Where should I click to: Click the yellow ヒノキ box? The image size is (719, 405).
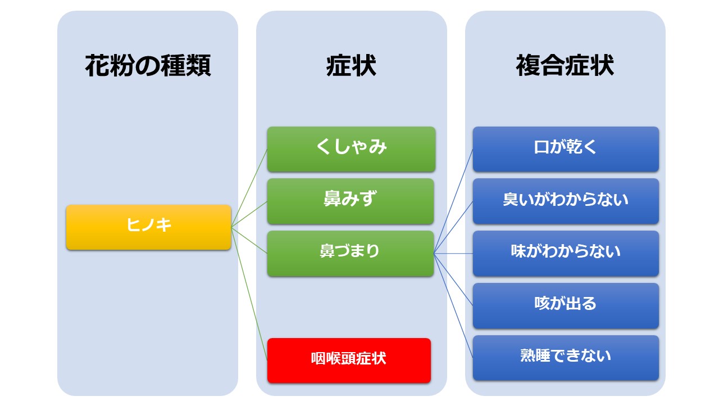pos(149,227)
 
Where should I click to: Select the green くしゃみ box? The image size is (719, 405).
pos(351,149)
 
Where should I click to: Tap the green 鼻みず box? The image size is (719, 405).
pos(351,201)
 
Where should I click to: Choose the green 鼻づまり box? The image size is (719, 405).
pos(351,253)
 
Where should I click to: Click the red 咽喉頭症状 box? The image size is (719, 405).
pos(349,361)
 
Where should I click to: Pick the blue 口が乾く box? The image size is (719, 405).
pos(566,149)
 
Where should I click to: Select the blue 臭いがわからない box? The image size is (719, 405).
pos(566,201)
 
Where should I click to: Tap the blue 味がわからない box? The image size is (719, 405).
pos(566,253)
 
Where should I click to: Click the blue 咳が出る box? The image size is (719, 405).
pos(566,305)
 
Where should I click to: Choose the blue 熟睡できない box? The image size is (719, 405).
pos(566,358)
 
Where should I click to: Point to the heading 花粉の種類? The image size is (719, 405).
pos(148,66)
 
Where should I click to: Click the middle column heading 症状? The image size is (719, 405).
pos(351,66)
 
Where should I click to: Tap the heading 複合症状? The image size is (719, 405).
pos(565,66)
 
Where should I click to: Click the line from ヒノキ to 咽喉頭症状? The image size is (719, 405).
pos(249,294)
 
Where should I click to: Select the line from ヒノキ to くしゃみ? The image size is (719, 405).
pos(249,188)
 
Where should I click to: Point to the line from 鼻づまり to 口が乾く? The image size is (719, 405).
pos(453,201)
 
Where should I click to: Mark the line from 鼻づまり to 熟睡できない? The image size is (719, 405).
pos(453,305)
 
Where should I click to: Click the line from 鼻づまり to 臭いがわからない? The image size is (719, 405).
pos(453,227)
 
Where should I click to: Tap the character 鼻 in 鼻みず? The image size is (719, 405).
pos(332,199)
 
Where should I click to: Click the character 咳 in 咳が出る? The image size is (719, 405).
pos(543,303)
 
